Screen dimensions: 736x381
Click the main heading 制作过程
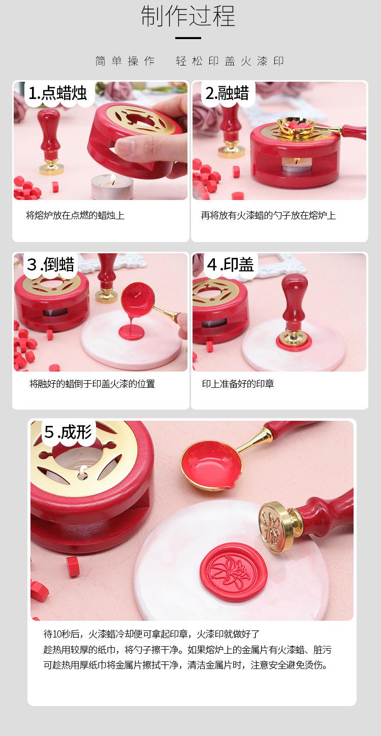click(x=188, y=16)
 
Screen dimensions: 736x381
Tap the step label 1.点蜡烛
click(x=57, y=93)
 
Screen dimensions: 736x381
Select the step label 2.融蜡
click(x=227, y=93)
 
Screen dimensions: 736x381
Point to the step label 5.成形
click(x=68, y=432)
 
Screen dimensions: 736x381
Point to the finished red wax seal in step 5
click(x=233, y=571)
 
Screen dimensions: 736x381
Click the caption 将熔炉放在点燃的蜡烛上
click(x=75, y=215)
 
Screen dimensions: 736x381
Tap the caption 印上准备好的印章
click(x=238, y=384)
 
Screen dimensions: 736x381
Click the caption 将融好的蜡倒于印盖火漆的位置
click(x=92, y=384)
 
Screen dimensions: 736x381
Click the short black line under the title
click(x=188, y=38)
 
